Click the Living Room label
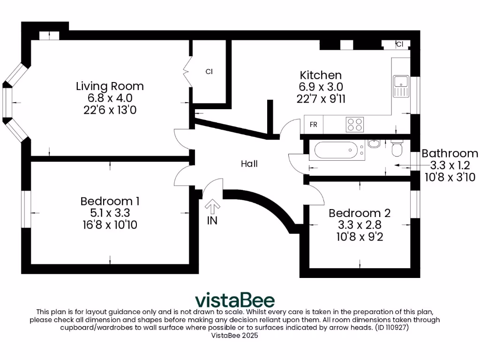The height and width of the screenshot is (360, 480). (110, 86)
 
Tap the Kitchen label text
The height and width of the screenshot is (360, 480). (321, 75)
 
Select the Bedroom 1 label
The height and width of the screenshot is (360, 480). (110, 201)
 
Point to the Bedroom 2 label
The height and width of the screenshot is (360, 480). (360, 213)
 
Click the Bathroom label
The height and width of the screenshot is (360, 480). (450, 153)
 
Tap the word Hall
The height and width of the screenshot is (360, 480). (249, 164)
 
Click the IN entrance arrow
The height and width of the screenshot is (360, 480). (212, 206)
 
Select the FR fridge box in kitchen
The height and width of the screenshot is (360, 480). (314, 125)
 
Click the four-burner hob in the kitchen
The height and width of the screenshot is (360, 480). (355, 124)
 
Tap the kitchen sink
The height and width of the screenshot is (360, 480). (401, 87)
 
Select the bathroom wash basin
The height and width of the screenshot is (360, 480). (374, 143)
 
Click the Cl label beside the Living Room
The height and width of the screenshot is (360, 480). (210, 72)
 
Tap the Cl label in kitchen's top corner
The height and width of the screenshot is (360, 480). (399, 45)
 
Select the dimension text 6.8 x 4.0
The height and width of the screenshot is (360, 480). (110, 98)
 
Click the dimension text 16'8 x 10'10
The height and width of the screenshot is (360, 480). (110, 225)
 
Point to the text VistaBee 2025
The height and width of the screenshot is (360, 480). (235, 336)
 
